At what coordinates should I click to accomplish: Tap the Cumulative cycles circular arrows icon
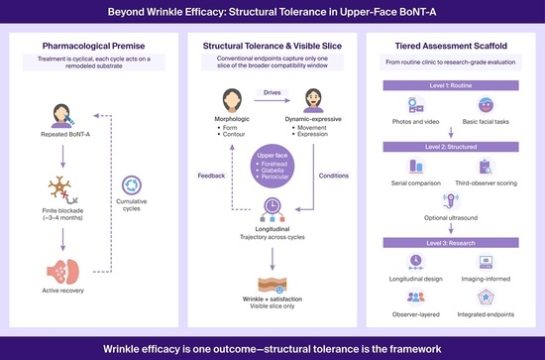pyautogui.click(x=132, y=185)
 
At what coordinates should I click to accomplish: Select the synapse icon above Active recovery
pyautogui.click(x=62, y=272)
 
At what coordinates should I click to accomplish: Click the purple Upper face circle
pyautogui.click(x=272, y=167)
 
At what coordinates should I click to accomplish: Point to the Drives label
pyautogui.click(x=272, y=92)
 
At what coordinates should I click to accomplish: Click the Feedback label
pyautogui.click(x=211, y=176)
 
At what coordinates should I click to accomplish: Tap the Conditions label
pyautogui.click(x=334, y=176)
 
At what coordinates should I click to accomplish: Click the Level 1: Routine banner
pyautogui.click(x=451, y=85)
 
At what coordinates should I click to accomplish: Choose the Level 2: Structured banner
pyautogui.click(x=451, y=147)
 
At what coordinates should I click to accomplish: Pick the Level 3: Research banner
pyautogui.click(x=451, y=243)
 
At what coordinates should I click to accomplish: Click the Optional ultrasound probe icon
pyautogui.click(x=451, y=201)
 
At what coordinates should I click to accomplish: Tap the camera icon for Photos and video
pyautogui.click(x=416, y=105)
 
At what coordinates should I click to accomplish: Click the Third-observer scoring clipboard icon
pyautogui.click(x=486, y=167)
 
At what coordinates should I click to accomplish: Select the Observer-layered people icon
pyautogui.click(x=416, y=298)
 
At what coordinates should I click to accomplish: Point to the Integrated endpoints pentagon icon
pyautogui.click(x=486, y=298)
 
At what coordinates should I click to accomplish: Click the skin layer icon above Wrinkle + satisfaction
pyautogui.click(x=272, y=285)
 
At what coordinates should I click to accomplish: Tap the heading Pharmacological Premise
pyautogui.click(x=93, y=46)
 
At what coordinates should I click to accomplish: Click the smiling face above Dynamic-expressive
pyautogui.click(x=313, y=100)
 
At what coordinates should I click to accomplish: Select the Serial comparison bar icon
pyautogui.click(x=416, y=167)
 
